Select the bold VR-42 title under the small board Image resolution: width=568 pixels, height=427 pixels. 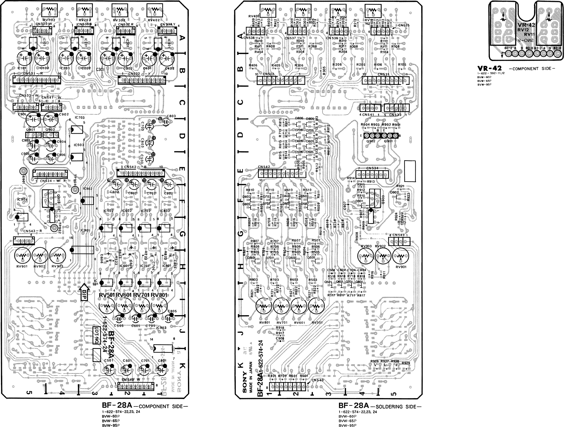coord(489,68)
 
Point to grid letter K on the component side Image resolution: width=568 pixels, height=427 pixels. coord(182,366)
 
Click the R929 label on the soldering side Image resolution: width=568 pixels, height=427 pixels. coord(406,363)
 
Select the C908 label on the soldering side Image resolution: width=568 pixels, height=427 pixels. coord(280,338)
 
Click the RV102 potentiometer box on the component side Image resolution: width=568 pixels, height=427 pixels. coord(50,10)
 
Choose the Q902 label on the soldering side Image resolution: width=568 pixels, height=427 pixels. coord(371,141)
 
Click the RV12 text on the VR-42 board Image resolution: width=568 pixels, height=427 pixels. coord(522,30)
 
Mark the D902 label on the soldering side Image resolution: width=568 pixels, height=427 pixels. coord(394,192)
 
